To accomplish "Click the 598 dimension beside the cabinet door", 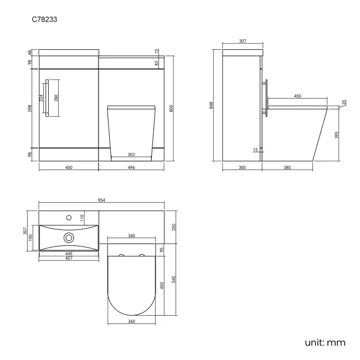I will click(29, 109).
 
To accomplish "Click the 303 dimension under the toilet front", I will click(131, 155).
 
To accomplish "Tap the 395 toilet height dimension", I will click(337, 135).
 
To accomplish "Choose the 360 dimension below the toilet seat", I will click(131, 322).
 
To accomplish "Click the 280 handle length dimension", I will click(55, 99).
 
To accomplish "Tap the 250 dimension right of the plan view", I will click(173, 227).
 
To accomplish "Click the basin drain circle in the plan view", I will click(69, 237).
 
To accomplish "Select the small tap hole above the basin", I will click(69, 217).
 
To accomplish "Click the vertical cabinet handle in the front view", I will click(47, 99).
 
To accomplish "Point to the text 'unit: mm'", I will click(325, 343).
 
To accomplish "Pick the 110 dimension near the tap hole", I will click(83, 218).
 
